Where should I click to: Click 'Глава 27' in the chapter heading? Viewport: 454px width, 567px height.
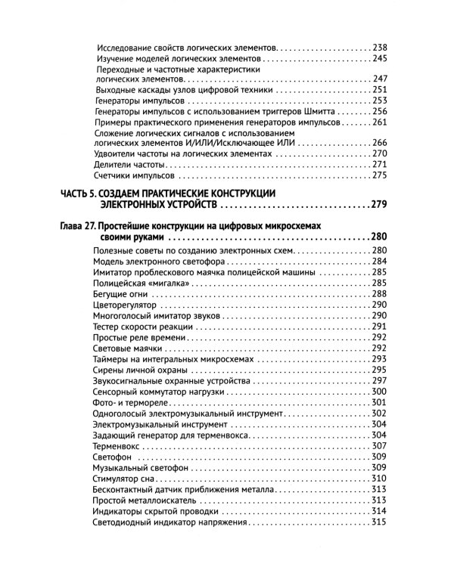point(81,226)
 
